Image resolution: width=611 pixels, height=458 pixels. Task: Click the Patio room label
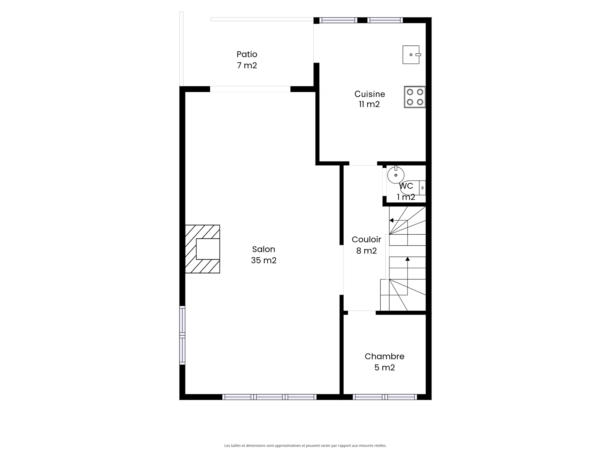point(247,54)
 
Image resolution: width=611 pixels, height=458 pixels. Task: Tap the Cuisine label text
point(370,94)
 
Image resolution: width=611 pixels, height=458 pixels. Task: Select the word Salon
point(263,249)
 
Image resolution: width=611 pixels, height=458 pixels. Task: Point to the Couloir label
point(366,239)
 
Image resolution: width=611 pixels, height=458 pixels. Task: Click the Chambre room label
point(385,356)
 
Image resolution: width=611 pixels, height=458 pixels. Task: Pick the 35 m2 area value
point(263,260)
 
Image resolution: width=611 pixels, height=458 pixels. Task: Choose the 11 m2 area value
point(369,104)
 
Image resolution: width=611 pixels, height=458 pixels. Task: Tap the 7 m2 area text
point(247,66)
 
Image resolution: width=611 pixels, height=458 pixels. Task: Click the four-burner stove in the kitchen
point(415,97)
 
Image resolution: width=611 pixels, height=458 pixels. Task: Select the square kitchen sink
point(411,55)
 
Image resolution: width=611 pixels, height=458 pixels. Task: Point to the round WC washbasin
point(396,175)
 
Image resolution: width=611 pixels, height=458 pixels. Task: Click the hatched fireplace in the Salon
point(202,249)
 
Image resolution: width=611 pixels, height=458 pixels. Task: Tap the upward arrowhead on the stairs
point(407,259)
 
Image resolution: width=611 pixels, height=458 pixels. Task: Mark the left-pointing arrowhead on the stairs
point(391,221)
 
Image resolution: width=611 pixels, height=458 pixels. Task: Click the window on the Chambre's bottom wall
point(385,397)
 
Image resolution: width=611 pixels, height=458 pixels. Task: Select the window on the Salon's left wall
point(182,335)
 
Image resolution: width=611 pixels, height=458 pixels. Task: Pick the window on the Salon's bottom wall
point(270,397)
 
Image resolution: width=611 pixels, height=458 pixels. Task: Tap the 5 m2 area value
point(385,368)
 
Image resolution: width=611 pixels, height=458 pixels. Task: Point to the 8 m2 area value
point(366,251)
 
